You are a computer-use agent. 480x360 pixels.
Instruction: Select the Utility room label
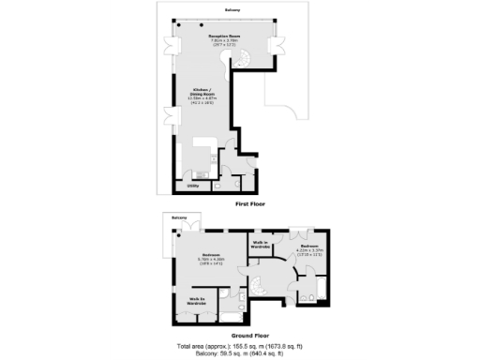pyautogui.click(x=191, y=186)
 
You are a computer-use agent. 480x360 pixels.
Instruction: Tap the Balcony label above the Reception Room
pyautogui.click(x=232, y=9)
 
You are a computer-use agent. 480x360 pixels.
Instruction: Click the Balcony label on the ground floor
pyautogui.click(x=179, y=217)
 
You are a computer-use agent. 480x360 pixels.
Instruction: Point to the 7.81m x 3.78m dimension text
pyautogui.click(x=224, y=42)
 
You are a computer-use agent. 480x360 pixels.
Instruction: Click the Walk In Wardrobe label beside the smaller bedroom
pyautogui.click(x=261, y=245)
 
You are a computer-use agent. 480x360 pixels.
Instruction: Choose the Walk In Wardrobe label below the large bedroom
pyautogui.click(x=196, y=302)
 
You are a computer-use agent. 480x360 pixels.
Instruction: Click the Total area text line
pyautogui.click(x=240, y=344)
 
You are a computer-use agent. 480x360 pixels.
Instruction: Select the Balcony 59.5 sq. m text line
pyautogui.click(x=240, y=352)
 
